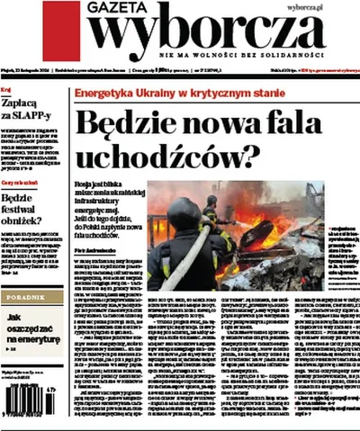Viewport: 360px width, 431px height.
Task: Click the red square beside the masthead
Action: click(60, 31)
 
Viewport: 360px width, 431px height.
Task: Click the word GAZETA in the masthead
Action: click(115, 8)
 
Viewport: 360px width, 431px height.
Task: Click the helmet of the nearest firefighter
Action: click(184, 213)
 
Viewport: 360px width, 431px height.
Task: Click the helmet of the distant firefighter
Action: click(212, 200)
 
